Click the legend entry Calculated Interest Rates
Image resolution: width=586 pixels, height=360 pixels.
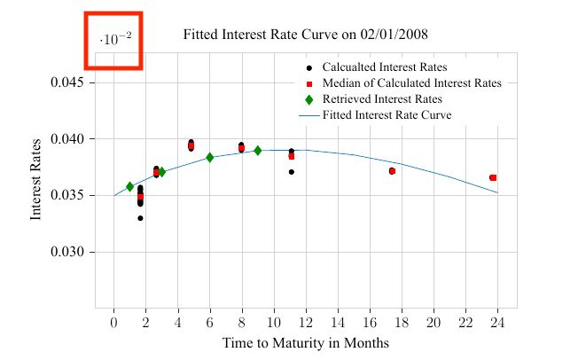click(384, 67)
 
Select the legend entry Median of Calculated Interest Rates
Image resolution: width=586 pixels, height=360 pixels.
click(411, 83)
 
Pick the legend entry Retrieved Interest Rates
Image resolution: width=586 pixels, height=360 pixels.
click(382, 99)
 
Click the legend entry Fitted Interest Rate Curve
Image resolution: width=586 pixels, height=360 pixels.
click(387, 115)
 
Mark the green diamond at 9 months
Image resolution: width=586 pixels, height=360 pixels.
click(258, 151)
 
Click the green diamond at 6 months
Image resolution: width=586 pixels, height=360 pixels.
click(210, 158)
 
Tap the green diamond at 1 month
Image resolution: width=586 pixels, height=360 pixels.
click(129, 187)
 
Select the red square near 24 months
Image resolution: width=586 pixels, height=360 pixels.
click(493, 177)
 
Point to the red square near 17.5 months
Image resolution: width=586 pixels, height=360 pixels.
click(392, 170)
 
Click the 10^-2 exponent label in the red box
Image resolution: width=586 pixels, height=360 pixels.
click(114, 40)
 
